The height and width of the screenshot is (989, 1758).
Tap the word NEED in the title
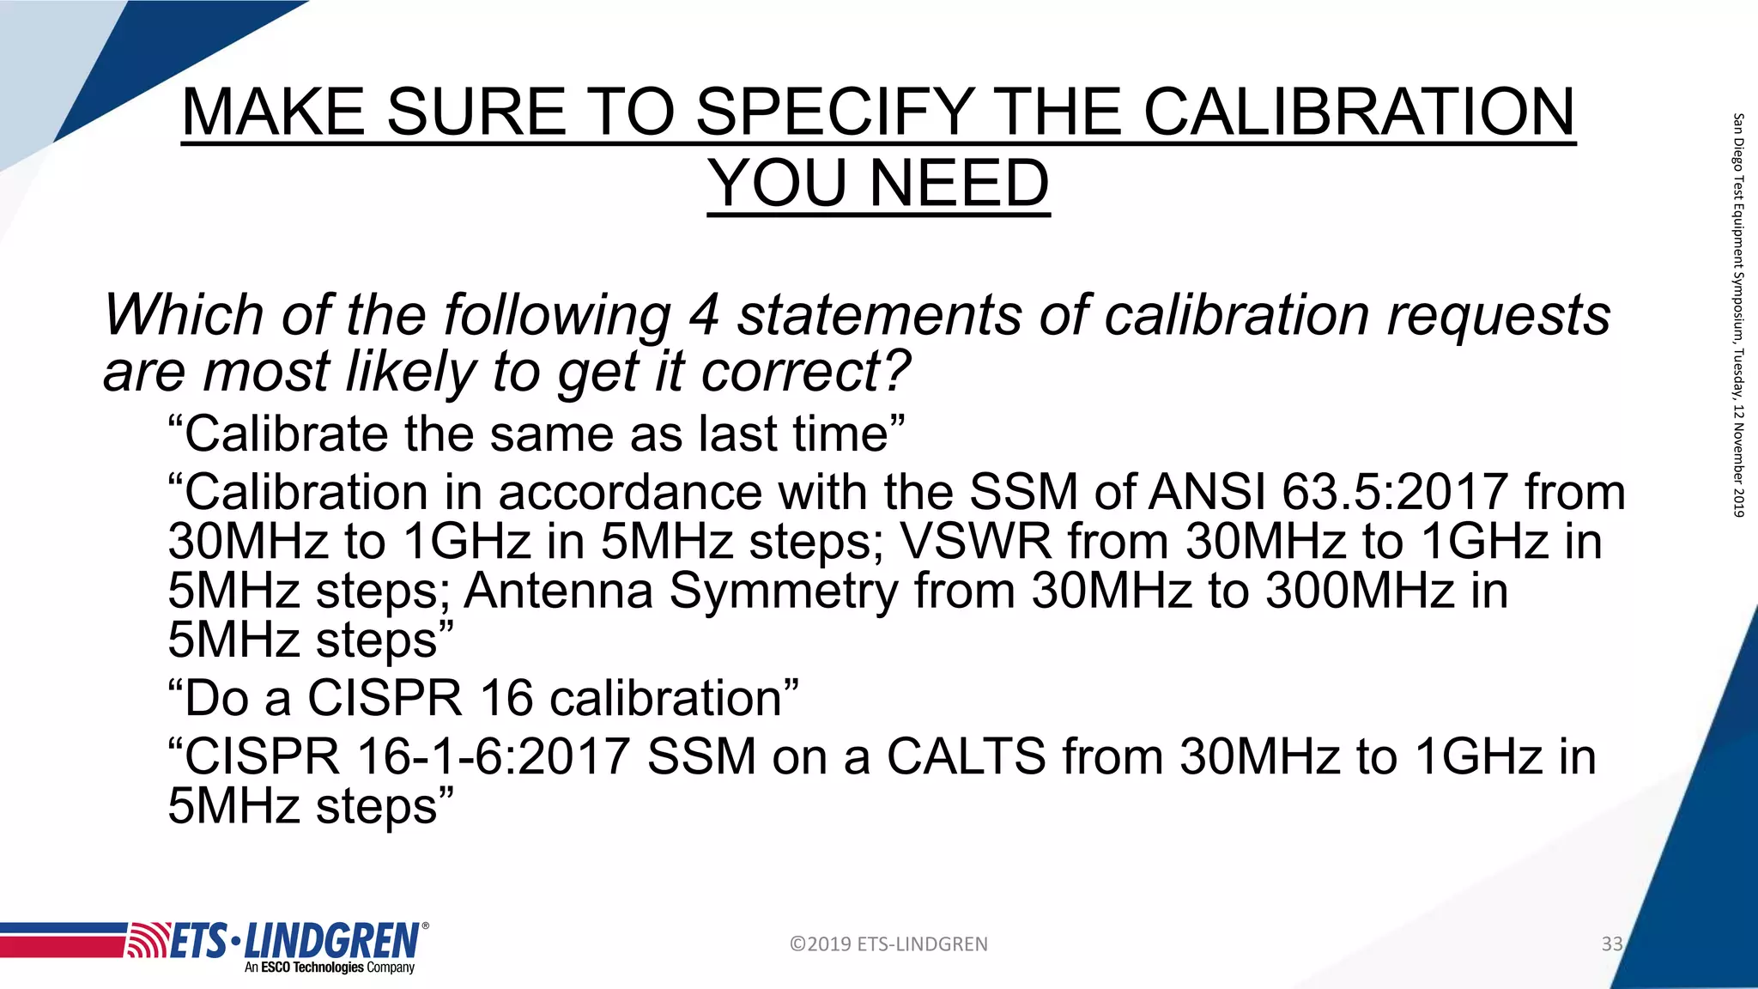tap(959, 183)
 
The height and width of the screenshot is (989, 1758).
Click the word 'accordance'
tap(630, 493)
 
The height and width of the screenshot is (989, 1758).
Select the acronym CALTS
tap(966, 756)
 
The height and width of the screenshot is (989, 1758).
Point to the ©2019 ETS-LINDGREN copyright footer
tap(888, 944)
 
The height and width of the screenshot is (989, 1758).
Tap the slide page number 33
tap(1611, 944)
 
